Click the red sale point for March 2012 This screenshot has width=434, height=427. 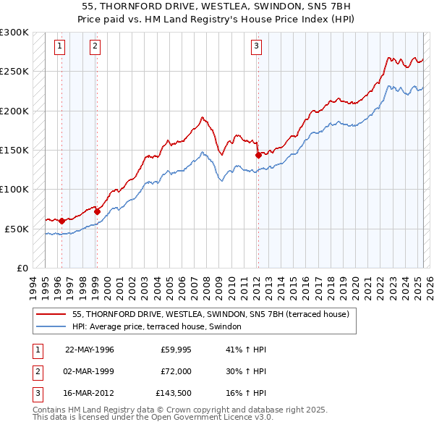point(258,155)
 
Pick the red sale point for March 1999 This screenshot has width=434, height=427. point(97,211)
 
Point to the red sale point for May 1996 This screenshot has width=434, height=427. point(61,221)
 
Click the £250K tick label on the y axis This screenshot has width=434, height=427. point(14,72)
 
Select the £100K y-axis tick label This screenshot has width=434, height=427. point(14,189)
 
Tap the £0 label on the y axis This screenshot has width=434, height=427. point(22,268)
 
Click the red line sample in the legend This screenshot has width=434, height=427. point(51,315)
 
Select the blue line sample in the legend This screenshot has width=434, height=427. point(51,327)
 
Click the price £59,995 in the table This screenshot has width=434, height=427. point(176,350)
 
